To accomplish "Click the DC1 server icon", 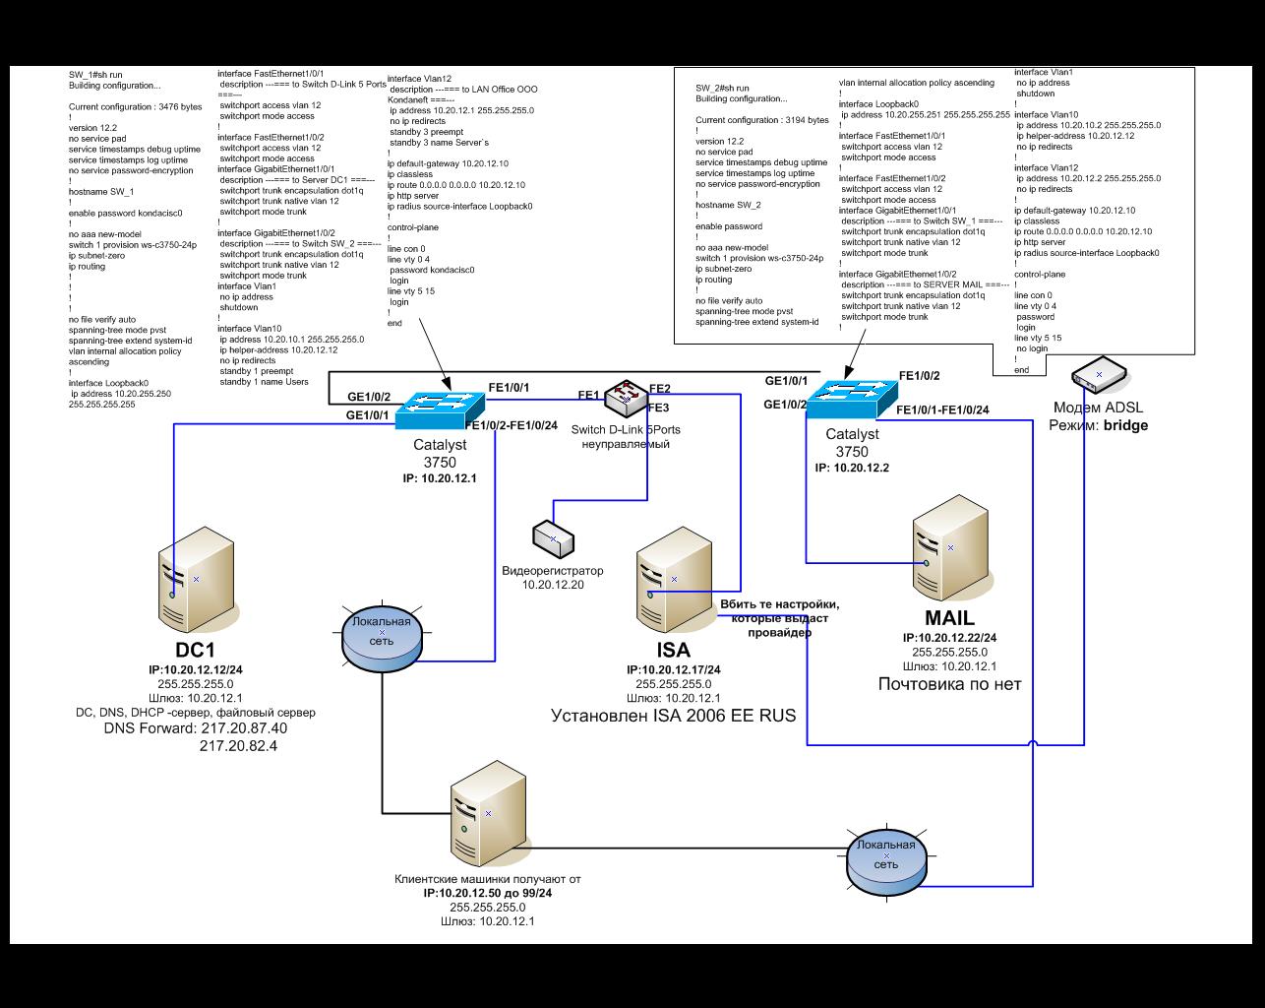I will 197,582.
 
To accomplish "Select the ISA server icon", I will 674,582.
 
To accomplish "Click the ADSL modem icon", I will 1099,375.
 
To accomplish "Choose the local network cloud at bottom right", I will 885,858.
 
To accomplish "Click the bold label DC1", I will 195,651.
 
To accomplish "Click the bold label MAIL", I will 949,618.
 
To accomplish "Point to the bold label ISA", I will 674,650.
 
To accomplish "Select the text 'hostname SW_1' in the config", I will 101,192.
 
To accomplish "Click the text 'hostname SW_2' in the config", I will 728,205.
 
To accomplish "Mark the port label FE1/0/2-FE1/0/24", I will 512,425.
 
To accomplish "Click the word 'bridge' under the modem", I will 1126,426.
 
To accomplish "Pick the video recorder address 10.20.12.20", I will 553,586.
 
